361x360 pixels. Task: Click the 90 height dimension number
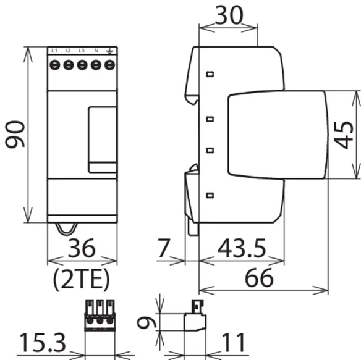(15, 134)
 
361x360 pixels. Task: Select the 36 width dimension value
(82, 248)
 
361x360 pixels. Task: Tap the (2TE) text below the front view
(81, 279)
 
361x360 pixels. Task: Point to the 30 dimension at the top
(229, 15)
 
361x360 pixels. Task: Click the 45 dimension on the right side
(343, 135)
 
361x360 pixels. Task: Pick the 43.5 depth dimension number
(242, 248)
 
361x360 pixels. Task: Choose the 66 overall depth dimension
(259, 278)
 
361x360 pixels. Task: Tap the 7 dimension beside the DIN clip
(164, 248)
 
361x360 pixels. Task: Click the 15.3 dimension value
(43, 343)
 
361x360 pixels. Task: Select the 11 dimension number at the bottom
(233, 343)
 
